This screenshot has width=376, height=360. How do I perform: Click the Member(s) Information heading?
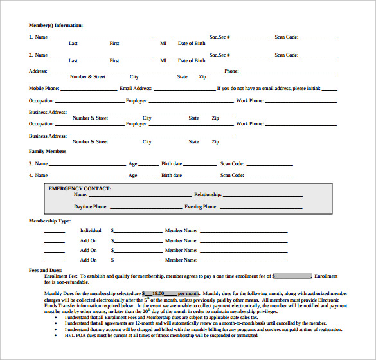(x=56, y=25)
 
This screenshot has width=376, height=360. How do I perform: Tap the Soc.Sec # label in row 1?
(x=220, y=37)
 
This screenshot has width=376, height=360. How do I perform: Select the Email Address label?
(x=136, y=88)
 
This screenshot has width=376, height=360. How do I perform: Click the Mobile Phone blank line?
(x=89, y=89)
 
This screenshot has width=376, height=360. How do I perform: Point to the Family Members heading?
(x=48, y=151)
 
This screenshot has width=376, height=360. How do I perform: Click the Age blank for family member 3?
(x=149, y=165)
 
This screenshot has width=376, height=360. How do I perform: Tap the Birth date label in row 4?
(x=172, y=175)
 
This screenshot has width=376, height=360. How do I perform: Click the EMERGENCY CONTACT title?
(x=80, y=188)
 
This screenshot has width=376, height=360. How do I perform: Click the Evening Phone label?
(x=201, y=207)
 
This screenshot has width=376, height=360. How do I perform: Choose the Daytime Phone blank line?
(x=145, y=208)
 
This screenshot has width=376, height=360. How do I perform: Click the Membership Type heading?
(x=49, y=221)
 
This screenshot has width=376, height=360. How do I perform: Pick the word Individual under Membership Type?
(x=91, y=230)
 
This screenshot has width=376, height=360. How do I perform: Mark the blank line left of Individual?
(x=54, y=231)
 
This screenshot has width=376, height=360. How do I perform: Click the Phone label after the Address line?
(x=231, y=71)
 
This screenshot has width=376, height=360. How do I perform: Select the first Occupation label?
(x=41, y=100)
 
